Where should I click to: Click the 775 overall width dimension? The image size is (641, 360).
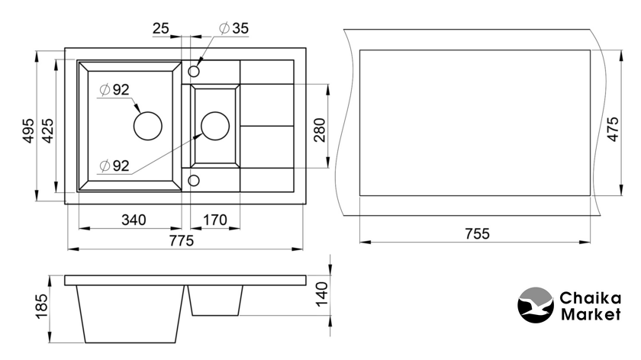click(x=182, y=240)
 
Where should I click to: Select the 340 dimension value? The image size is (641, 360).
click(x=133, y=220)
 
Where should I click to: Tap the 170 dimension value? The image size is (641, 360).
click(x=214, y=220)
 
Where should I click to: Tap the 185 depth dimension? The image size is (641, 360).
click(x=42, y=306)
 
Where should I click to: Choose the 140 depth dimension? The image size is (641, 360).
click(x=321, y=291)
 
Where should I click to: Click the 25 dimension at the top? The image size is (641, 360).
click(x=160, y=28)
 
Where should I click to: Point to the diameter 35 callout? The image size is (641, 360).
click(x=234, y=28)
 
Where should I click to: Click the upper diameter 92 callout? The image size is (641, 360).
click(x=114, y=90)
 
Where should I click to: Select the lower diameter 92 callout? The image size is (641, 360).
click(x=114, y=165)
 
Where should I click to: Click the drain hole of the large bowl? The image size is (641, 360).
click(x=148, y=125)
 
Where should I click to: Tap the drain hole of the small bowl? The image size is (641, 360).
click(x=214, y=125)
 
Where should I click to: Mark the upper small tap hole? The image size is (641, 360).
click(x=194, y=71)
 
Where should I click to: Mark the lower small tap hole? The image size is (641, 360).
click(x=194, y=180)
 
